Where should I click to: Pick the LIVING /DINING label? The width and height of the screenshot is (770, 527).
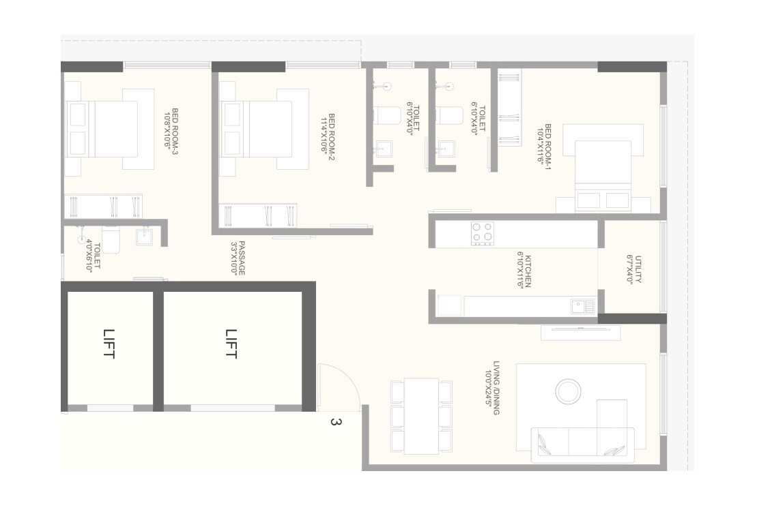496,389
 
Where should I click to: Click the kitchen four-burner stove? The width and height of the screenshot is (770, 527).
483,233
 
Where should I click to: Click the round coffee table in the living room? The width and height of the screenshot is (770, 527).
568,392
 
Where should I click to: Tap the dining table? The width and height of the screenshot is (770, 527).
421,416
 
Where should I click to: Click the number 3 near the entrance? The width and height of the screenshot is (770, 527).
334,422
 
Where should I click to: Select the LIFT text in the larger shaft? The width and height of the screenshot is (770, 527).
231,344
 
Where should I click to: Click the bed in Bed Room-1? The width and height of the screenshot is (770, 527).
603,170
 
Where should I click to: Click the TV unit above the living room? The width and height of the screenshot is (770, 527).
581,332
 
